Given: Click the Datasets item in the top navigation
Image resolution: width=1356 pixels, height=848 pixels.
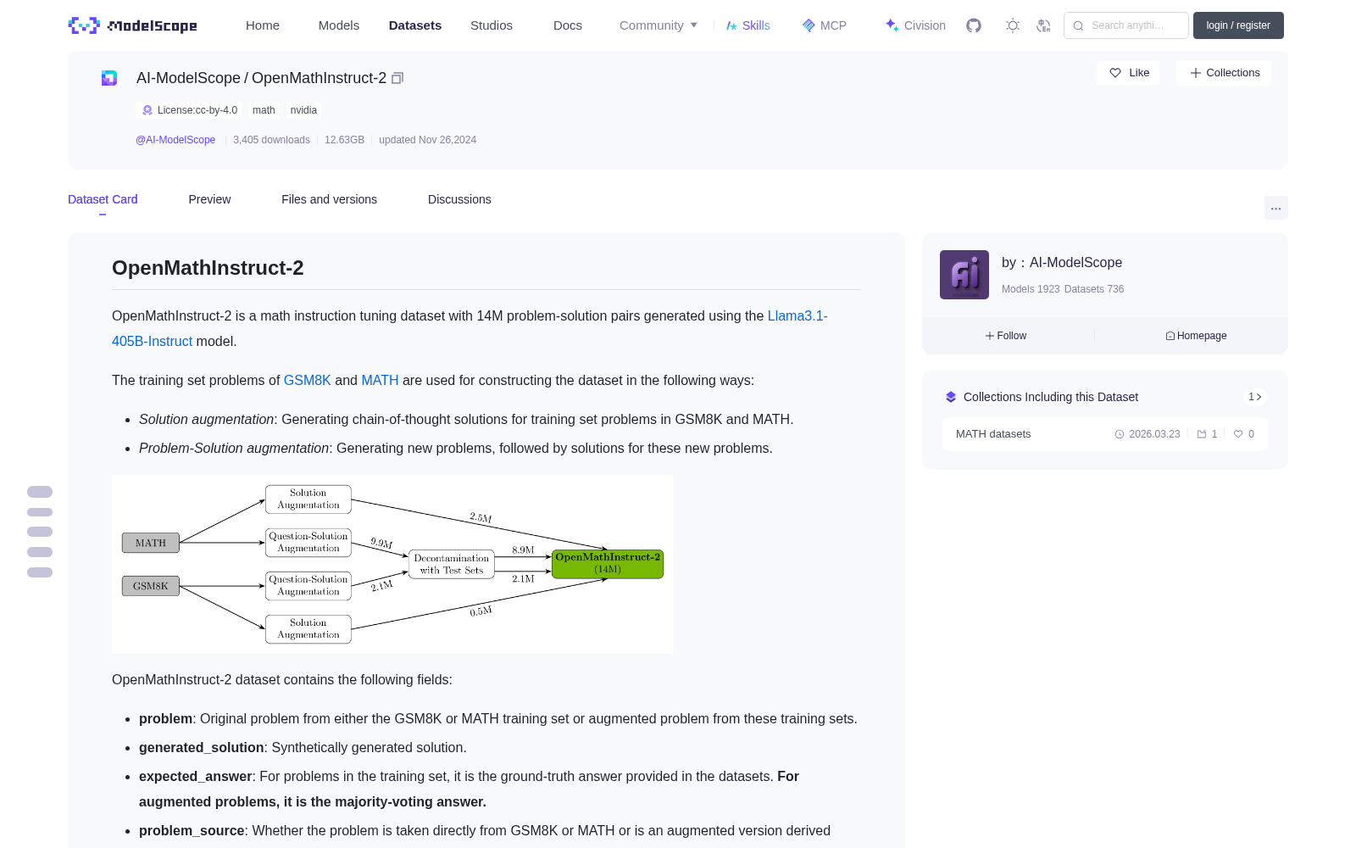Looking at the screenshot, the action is (x=414, y=25).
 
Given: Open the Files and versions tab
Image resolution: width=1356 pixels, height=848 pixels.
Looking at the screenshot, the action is (x=329, y=199).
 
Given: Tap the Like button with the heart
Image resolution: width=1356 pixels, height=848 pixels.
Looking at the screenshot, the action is (x=1128, y=73).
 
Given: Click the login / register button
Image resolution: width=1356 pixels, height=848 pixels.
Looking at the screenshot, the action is (x=1238, y=25).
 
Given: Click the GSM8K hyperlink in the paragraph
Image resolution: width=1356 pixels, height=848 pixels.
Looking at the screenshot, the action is (x=307, y=381).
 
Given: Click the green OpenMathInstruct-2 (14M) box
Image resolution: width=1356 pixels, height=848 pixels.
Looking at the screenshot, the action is (x=607, y=563).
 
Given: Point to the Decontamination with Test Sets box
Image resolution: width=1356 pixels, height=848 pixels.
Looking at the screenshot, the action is (x=452, y=564).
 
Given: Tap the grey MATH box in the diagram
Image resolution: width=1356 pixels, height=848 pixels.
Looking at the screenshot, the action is (x=151, y=543).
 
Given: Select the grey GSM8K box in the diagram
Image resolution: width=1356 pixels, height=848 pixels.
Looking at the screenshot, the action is (x=151, y=586).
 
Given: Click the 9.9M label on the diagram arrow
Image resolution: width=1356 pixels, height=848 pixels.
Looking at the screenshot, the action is (x=381, y=543).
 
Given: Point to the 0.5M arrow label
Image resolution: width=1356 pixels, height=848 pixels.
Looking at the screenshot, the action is (x=481, y=611).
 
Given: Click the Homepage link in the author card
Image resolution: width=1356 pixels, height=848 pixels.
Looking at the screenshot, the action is (x=1196, y=336).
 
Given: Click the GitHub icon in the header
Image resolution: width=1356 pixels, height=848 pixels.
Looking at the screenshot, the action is (x=974, y=25).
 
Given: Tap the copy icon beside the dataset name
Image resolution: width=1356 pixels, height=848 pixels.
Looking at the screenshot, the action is (x=397, y=78).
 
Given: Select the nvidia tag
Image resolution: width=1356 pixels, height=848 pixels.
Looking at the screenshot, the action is (x=303, y=110).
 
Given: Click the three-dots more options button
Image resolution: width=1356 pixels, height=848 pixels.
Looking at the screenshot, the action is (x=1275, y=209).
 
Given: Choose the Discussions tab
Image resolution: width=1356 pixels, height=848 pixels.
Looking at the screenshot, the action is (x=459, y=199).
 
